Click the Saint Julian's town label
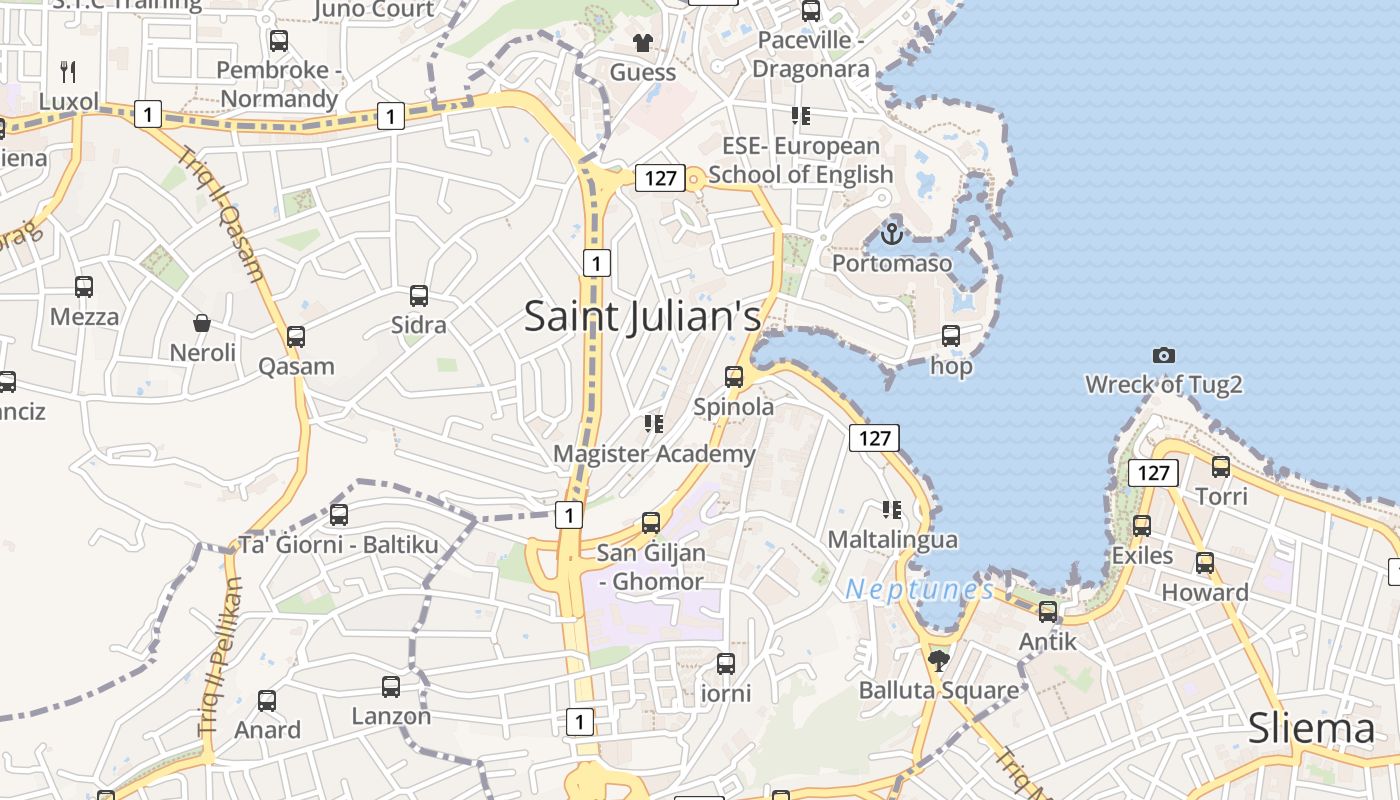[642, 316]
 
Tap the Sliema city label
[1311, 729]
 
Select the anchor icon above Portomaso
[891, 234]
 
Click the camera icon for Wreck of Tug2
[1163, 355]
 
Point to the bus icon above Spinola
[734, 377]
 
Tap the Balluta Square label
[939, 690]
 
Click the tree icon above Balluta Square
[938, 660]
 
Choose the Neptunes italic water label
[919, 590]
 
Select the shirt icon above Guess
[642, 43]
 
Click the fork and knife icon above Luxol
[68, 71]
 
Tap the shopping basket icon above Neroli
[202, 323]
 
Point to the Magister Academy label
[654, 454]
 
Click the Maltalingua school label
[892, 540]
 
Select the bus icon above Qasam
[296, 337]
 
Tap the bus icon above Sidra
[419, 296]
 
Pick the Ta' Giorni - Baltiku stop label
[339, 545]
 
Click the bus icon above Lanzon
[391, 687]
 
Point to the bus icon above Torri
[1221, 466]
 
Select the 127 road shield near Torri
[1153, 472]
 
